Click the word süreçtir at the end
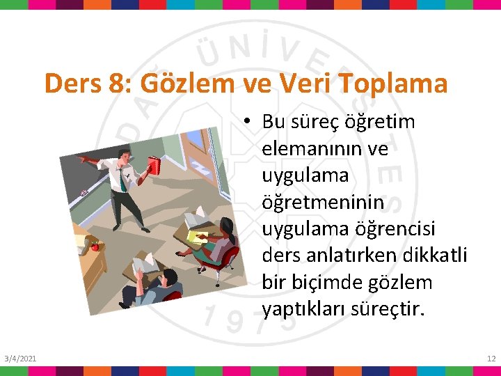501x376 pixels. [x=390, y=309]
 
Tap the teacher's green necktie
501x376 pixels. [x=122, y=180]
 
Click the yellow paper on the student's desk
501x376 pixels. [x=195, y=235]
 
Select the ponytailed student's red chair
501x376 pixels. [x=230, y=258]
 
